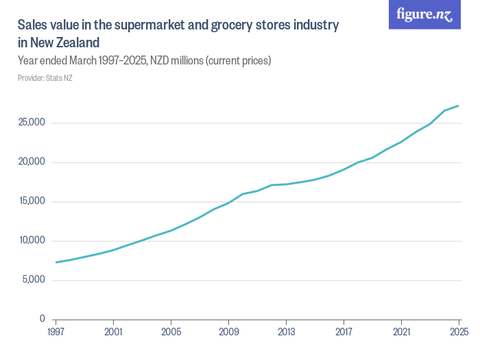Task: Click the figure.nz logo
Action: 424,15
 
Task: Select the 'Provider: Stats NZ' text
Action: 45,78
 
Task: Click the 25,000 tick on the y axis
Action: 32,123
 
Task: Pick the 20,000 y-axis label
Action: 32,163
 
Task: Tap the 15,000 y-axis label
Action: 32,202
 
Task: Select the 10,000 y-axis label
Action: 32,241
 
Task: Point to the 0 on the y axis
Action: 42,320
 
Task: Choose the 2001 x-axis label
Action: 113,332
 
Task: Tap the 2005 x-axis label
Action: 171,332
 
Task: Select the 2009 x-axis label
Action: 228,332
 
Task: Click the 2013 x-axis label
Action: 286,332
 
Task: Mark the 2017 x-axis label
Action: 344,332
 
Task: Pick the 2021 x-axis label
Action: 401,332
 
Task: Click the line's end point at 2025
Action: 458,106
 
